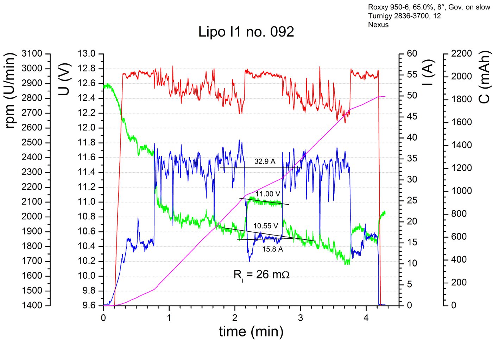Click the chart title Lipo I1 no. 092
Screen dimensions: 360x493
(246, 32)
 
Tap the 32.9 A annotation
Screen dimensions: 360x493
(265, 161)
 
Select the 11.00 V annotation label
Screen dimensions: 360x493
(268, 194)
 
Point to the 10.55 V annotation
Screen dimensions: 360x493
(266, 226)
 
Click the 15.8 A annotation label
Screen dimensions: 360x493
(272, 249)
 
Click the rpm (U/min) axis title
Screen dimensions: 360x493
(10, 91)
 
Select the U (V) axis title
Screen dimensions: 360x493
(64, 79)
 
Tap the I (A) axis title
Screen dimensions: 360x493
(428, 73)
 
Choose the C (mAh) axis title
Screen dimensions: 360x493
(485, 77)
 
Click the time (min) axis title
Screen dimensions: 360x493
(251, 332)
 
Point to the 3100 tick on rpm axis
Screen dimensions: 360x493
(32, 54)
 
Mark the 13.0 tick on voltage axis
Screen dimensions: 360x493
(87, 54)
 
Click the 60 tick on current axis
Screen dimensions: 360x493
(412, 54)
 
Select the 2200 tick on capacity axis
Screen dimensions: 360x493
(461, 54)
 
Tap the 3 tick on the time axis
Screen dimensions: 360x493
(300, 318)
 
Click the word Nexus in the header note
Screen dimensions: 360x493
(378, 25)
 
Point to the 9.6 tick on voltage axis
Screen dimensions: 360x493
(89, 305)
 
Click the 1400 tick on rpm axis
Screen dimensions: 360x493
(32, 305)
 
